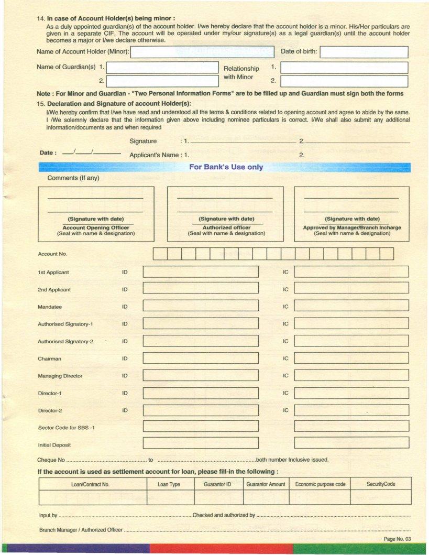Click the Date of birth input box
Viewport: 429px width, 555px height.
[364, 52]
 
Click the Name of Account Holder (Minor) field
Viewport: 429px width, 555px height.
[204, 52]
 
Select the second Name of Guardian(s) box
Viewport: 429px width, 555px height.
[162, 81]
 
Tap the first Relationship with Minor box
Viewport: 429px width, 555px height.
[344, 68]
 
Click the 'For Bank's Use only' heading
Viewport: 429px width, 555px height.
[226, 167]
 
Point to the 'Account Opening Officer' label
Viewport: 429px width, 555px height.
[96, 227]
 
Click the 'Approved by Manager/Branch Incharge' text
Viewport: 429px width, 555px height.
[352, 227]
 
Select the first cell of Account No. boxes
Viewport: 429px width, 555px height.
[160, 254]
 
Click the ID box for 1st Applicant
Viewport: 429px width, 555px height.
[201, 272]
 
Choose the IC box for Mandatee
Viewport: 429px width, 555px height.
[351, 307]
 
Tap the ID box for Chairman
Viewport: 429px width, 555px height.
[201, 358]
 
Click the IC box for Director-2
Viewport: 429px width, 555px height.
[351, 410]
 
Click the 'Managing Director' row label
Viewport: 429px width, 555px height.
[60, 376]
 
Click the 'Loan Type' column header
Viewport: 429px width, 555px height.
[169, 484]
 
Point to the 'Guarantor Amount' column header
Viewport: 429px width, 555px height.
[266, 484]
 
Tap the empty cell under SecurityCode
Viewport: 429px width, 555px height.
[381, 497]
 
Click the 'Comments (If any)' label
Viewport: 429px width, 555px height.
[73, 178]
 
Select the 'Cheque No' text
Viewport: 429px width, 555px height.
[51, 460]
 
